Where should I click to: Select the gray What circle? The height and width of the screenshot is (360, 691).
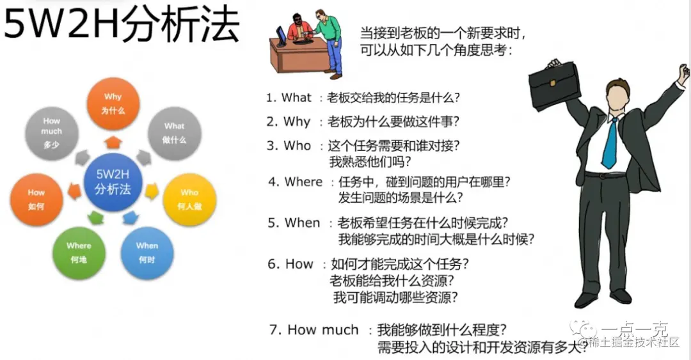[x=174, y=132]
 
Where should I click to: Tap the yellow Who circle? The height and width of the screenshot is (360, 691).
[x=189, y=198]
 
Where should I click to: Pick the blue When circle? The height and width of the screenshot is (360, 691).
[x=147, y=251]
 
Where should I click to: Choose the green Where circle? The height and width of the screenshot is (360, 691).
[x=79, y=252]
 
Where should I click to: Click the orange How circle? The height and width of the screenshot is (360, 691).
[x=36, y=199]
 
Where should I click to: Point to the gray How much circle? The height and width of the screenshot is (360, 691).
[x=52, y=132]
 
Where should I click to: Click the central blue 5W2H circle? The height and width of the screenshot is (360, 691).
[x=113, y=181]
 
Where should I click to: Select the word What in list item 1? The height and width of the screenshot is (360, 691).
[x=296, y=98]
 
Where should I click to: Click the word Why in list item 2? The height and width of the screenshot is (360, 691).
[x=297, y=121]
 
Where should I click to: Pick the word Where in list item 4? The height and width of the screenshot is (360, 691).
[x=303, y=182]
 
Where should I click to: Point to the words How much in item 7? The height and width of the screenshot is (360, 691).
[x=322, y=330]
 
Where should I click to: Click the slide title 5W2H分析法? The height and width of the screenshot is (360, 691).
[x=122, y=27]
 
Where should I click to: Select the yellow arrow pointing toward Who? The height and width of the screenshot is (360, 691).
[x=152, y=190]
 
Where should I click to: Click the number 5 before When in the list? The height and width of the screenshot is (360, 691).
[x=273, y=223]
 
